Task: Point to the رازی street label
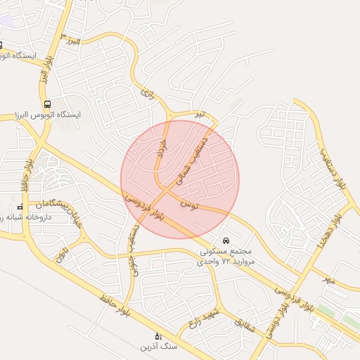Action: (147, 91)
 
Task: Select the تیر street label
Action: (200, 114)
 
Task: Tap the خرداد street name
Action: (162, 149)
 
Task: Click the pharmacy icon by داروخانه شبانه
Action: (20, 207)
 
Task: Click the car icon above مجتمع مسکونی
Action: (225, 240)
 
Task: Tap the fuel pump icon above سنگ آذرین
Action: (157, 335)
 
